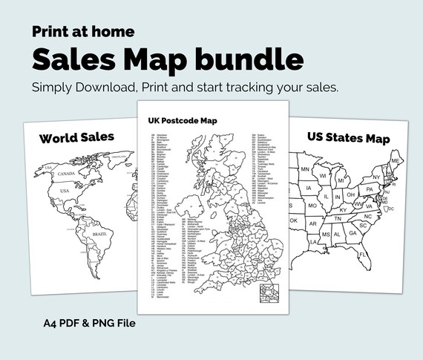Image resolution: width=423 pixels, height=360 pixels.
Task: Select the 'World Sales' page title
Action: pyautogui.click(x=77, y=137)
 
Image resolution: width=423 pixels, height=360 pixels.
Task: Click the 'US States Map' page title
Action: pyautogui.click(x=347, y=137)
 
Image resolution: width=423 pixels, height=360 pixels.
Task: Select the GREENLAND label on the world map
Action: pyautogui.click(x=119, y=156)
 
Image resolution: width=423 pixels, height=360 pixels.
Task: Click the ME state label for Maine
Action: pyautogui.click(x=397, y=161)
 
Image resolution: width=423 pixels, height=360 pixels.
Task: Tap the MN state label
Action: pyautogui.click(x=304, y=170)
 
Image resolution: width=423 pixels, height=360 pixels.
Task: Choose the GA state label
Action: pyautogui.click(x=353, y=233)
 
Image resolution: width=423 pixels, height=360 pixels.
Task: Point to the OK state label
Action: pyautogui.click(x=294, y=220)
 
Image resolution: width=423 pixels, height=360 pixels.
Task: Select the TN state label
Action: pyautogui.click(x=337, y=218)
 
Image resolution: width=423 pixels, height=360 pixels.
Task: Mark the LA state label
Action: pyautogui.click(x=315, y=241)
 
